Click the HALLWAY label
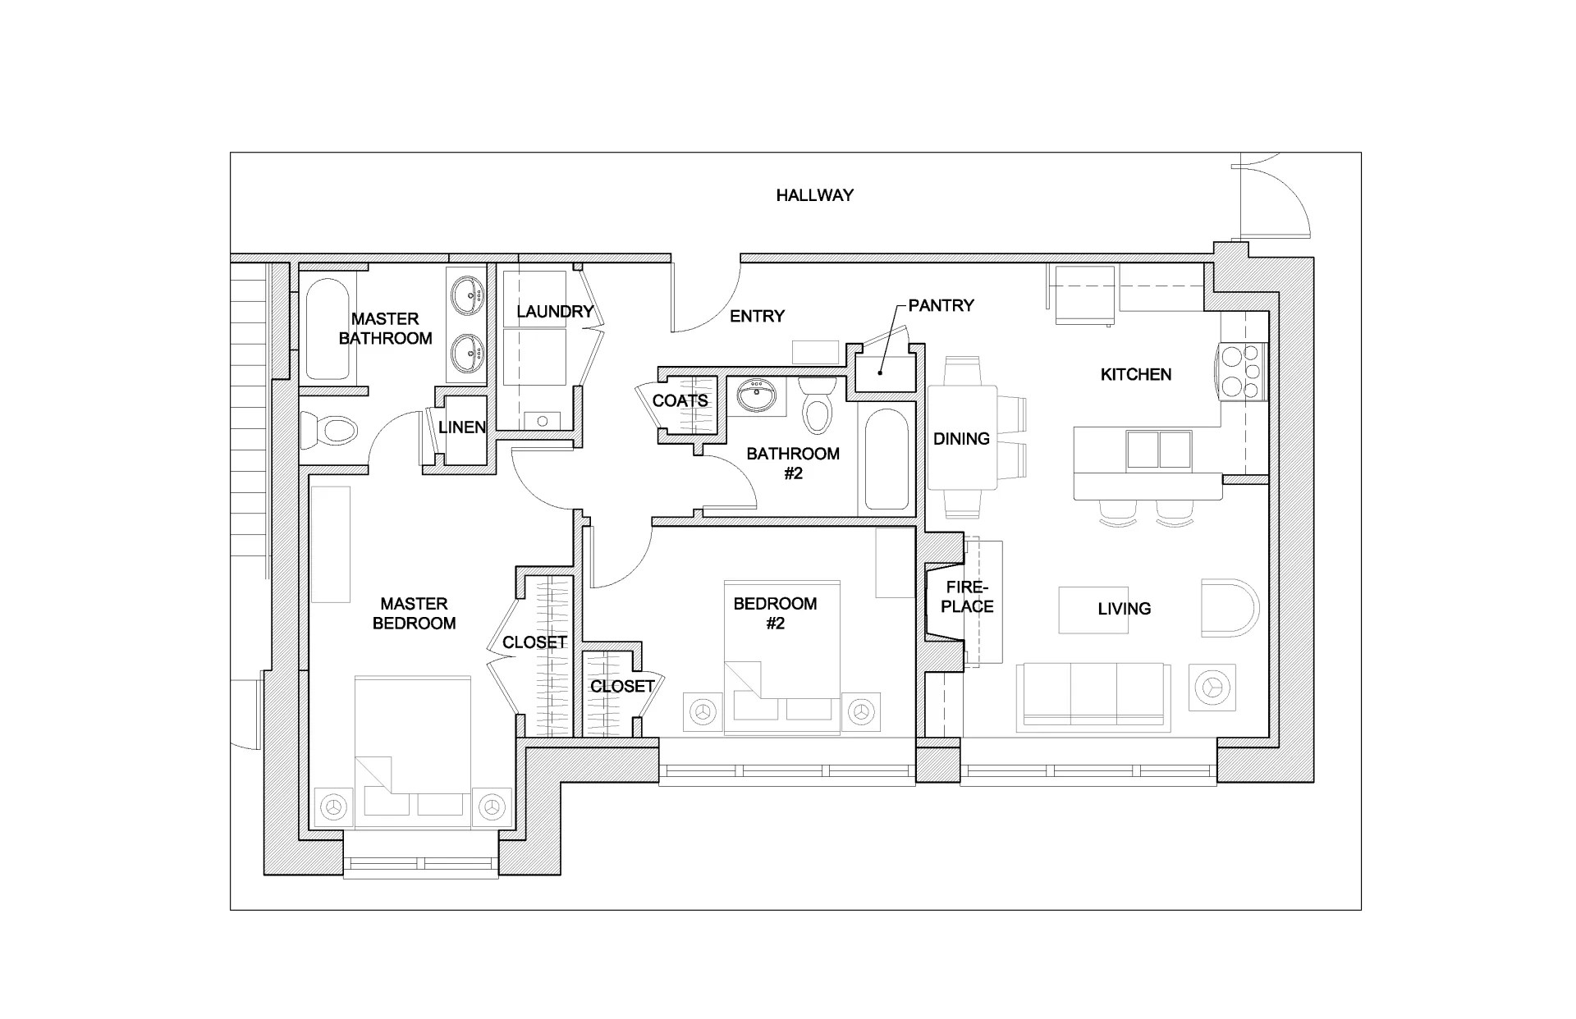pos(814,195)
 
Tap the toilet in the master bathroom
pos(330,430)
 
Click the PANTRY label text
pos(941,305)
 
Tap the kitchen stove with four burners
pos(1241,371)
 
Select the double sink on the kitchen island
pos(1158,450)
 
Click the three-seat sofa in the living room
pos(1093,696)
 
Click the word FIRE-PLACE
pos(968,597)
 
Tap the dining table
pos(962,437)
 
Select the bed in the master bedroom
pos(413,751)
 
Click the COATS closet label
pos(680,401)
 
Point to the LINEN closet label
pos(461,427)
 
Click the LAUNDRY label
pos(554,312)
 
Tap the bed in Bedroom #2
pos(781,656)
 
